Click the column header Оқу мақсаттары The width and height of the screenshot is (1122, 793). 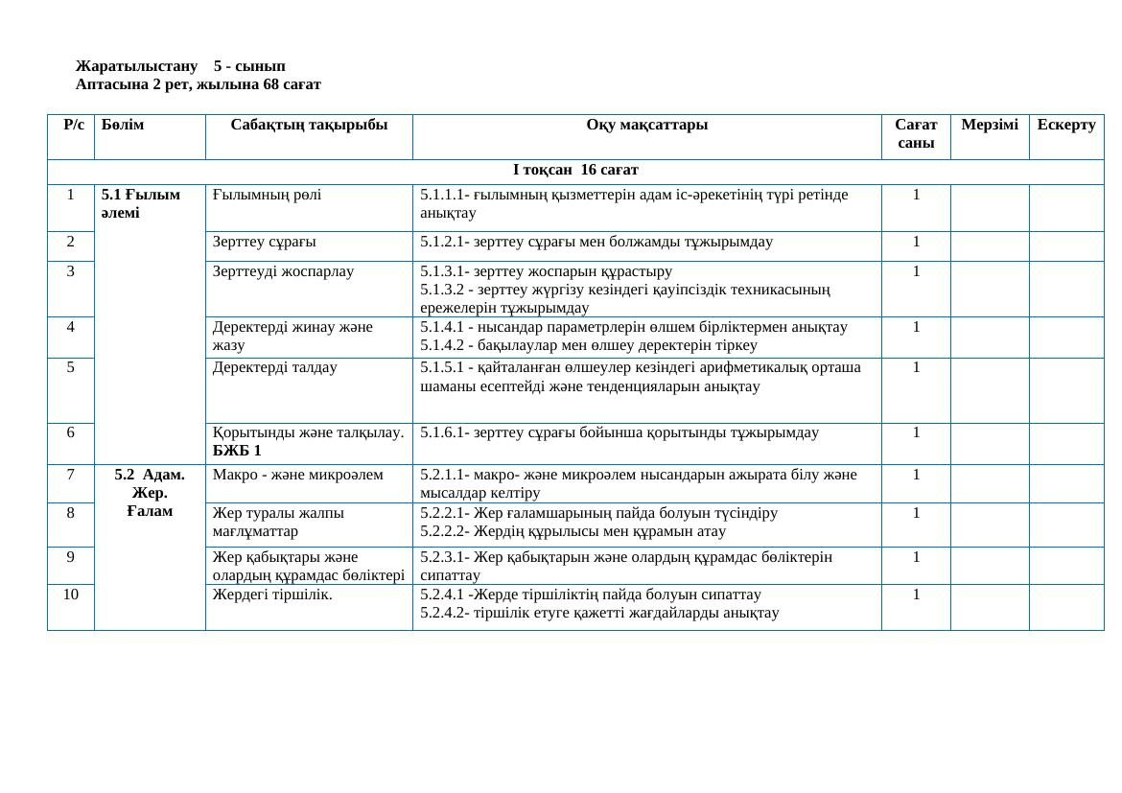(646, 125)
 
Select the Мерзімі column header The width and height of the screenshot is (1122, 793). (989, 125)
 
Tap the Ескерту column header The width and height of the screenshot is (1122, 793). (1065, 125)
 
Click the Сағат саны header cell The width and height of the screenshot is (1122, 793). (915, 133)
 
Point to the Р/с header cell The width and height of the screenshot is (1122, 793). (71, 125)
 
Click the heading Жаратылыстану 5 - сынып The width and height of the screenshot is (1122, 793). (180, 66)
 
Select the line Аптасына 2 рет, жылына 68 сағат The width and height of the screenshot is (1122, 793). (199, 84)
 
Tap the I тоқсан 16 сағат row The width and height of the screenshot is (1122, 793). (575, 171)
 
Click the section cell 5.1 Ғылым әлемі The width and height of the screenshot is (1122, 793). (140, 203)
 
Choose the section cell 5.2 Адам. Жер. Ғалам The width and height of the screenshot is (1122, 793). (150, 492)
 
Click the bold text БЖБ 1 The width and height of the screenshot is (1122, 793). (237, 451)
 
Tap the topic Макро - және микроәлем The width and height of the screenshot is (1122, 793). (298, 474)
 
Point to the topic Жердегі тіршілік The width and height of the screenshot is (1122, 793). (272, 594)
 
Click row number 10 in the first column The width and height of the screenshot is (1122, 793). (71, 594)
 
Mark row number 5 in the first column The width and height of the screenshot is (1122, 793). (71, 367)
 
